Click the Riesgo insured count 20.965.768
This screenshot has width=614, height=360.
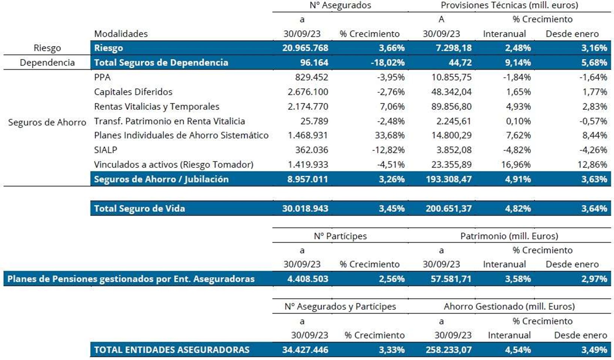305,48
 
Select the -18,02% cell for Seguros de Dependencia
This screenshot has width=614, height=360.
388,63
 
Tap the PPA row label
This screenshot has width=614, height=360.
102,77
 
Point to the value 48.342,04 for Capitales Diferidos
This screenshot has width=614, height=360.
451,92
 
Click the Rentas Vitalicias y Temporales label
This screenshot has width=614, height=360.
157,107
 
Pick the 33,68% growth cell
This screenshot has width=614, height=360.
390,135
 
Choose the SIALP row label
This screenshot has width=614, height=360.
106,150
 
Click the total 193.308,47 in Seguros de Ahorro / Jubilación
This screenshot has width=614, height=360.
448,179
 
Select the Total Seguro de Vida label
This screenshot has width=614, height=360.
139,208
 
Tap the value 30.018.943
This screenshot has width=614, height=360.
305,208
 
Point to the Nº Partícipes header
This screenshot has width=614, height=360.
340,236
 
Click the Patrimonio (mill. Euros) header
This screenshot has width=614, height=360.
509,236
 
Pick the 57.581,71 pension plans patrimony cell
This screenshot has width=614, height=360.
451,279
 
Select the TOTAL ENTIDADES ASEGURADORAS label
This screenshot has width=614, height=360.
172,350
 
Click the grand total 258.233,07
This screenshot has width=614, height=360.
448,350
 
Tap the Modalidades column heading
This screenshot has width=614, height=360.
121,34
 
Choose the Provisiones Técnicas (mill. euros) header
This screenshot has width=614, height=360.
509,5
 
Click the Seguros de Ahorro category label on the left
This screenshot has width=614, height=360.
47,122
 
